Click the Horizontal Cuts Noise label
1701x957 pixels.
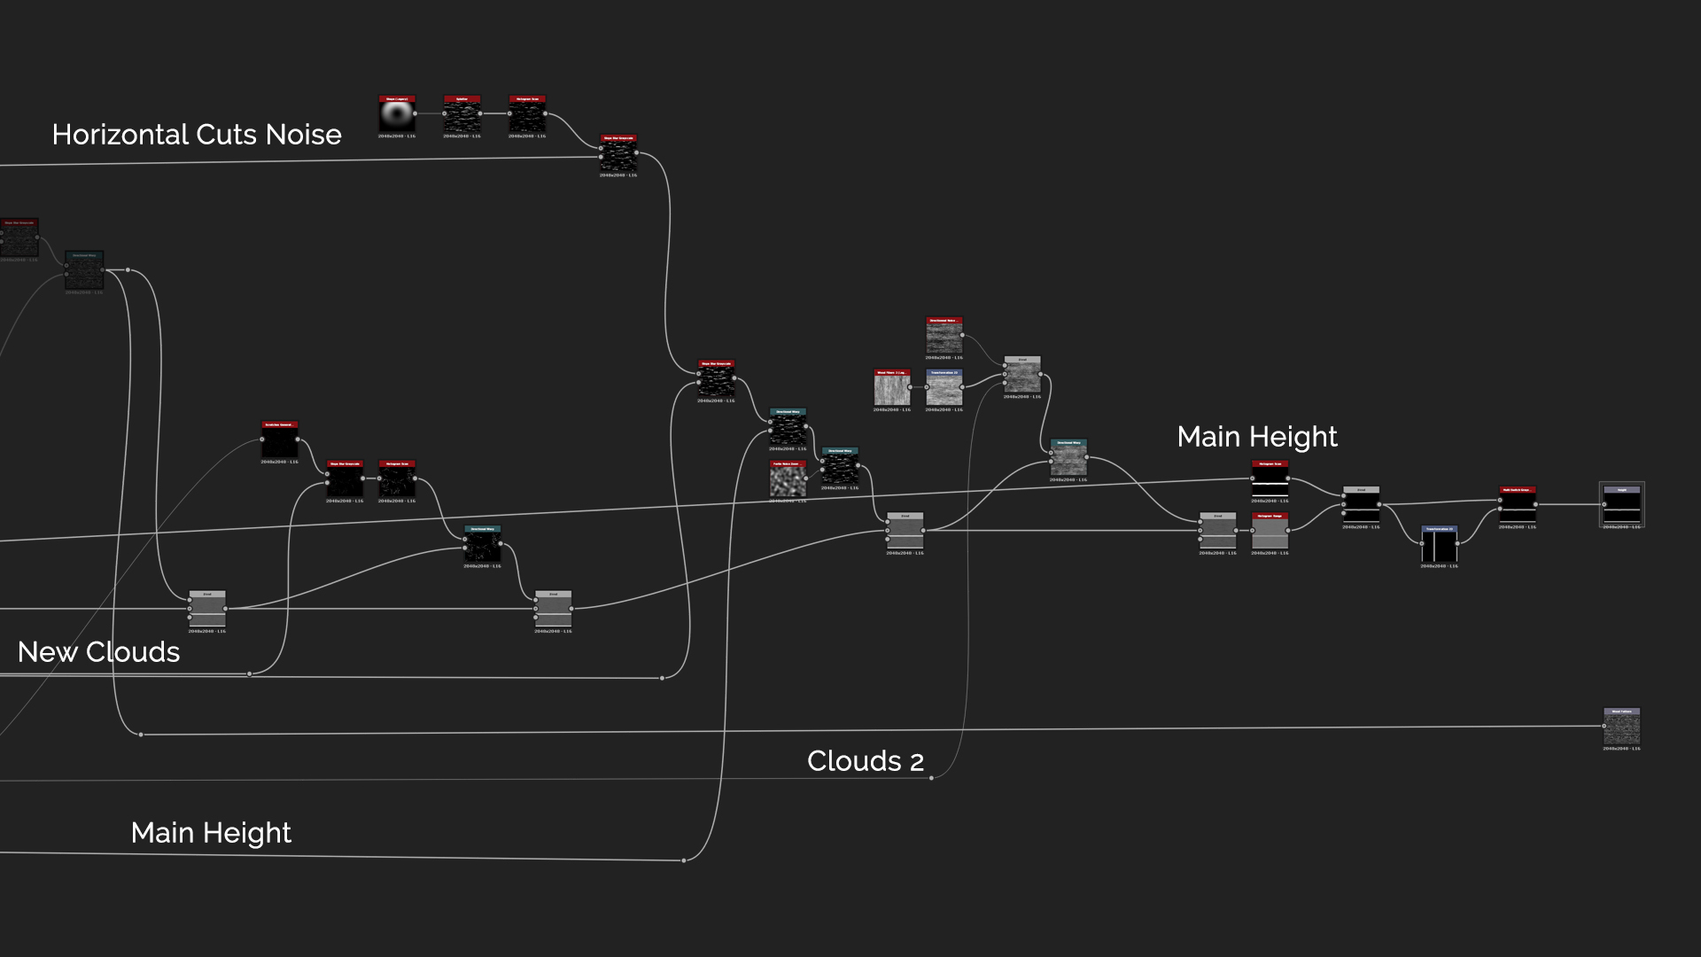pyautogui.click(x=197, y=135)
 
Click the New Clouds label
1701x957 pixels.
pyautogui.click(x=98, y=652)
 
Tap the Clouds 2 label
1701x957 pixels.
pyautogui.click(x=865, y=761)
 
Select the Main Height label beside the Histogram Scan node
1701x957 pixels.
pyautogui.click(x=1256, y=437)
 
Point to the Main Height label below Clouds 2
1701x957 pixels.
pyautogui.click(x=211, y=833)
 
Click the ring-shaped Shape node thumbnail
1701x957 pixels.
pyautogui.click(x=397, y=116)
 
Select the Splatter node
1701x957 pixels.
pyautogui.click(x=462, y=116)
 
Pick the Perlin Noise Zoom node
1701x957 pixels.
pyautogui.click(x=787, y=480)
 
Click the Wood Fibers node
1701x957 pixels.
pyautogui.click(x=891, y=389)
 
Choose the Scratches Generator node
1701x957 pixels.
pyautogui.click(x=279, y=440)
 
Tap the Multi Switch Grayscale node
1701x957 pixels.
pyautogui.click(x=1517, y=505)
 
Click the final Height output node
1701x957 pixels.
pyautogui.click(x=1621, y=505)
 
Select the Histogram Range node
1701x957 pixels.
pyautogui.click(x=1270, y=532)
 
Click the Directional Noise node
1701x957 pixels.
pyautogui.click(x=944, y=337)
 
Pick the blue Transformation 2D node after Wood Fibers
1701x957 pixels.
pyautogui.click(x=944, y=389)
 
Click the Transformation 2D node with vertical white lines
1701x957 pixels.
pyautogui.click(x=1439, y=545)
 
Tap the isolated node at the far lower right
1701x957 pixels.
pyautogui.click(x=1621, y=727)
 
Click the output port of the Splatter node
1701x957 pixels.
pyautogui.click(x=481, y=113)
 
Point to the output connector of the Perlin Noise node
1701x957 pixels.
pyautogui.click(x=806, y=478)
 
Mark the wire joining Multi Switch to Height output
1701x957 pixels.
pyautogui.click(x=1569, y=505)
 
